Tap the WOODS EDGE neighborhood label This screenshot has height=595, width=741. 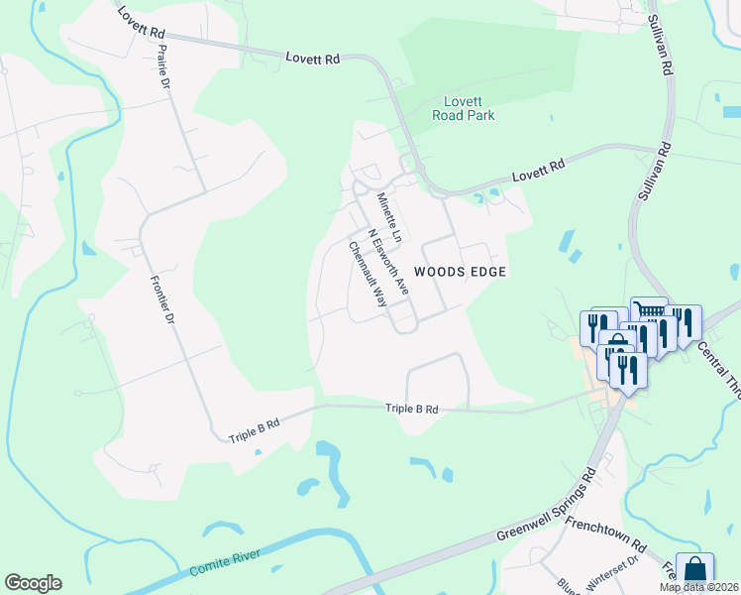pos(460,272)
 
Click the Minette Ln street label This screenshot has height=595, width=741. pos(388,218)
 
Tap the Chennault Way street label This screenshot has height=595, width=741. pos(367,276)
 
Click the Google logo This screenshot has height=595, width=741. pos(33,583)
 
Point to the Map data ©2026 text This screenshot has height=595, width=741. pos(699,587)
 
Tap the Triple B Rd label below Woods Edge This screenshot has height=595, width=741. pos(411,408)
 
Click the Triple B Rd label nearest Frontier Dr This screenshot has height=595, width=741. pos(254,429)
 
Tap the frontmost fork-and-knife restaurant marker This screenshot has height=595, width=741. pos(627,370)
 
